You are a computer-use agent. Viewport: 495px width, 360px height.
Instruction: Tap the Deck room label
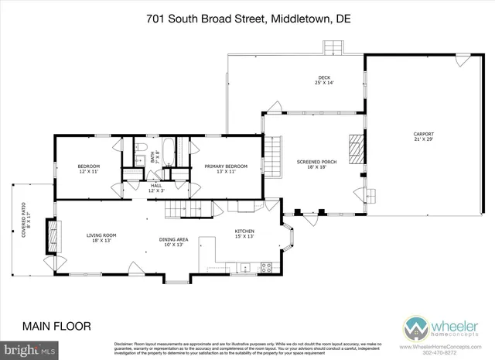324,80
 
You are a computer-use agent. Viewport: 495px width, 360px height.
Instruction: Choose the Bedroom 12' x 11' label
88,169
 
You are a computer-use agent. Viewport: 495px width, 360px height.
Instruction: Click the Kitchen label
244,234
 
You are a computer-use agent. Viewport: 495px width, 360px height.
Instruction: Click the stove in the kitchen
265,269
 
